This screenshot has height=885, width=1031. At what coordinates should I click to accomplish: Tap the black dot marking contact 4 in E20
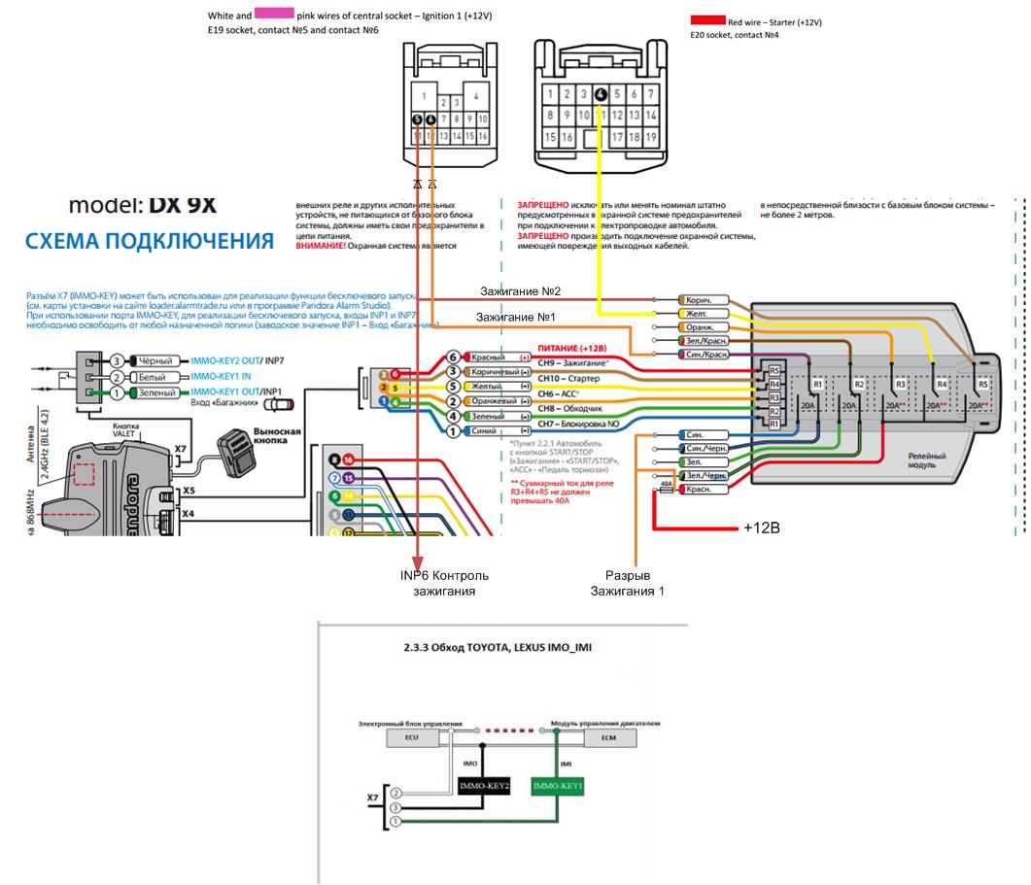tap(601, 94)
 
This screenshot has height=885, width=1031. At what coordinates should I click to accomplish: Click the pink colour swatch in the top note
tap(274, 16)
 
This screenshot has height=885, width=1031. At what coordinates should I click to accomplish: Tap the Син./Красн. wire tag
tap(706, 355)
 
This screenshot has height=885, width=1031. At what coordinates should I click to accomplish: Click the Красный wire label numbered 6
tap(486, 357)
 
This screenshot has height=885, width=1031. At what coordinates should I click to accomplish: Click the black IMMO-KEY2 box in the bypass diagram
tap(484, 785)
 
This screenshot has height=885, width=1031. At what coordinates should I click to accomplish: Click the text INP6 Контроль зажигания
tap(444, 583)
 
